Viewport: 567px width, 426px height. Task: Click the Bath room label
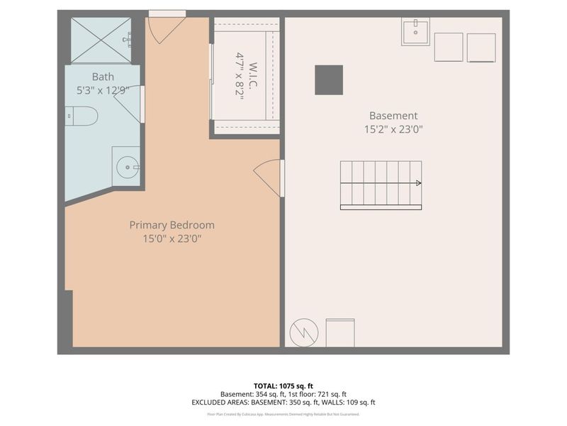pos(103,77)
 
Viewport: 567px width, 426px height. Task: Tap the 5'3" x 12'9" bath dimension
pos(103,90)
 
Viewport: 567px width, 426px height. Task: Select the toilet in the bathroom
pos(81,116)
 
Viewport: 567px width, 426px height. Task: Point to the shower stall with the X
pos(101,40)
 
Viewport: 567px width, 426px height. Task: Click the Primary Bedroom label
pos(172,225)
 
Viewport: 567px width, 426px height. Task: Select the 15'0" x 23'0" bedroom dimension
pos(172,239)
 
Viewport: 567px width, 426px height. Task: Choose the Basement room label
pos(393,116)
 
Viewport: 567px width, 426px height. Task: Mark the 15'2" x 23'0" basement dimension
pos(393,129)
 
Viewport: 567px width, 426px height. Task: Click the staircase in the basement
pos(381,185)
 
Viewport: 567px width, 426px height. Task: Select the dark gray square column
pos(329,80)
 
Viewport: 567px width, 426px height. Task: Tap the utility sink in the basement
pos(415,32)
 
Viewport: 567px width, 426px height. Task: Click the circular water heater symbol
pos(304,332)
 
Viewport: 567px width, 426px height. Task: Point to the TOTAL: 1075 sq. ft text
pos(283,386)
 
